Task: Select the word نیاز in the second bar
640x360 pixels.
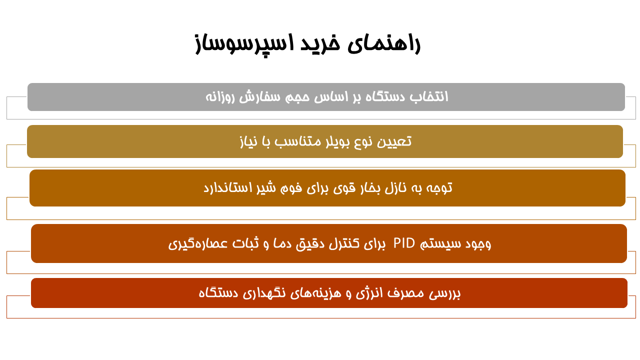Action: tap(248, 141)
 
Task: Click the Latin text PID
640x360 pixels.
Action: tap(404, 243)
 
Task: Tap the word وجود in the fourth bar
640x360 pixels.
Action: tap(477, 243)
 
